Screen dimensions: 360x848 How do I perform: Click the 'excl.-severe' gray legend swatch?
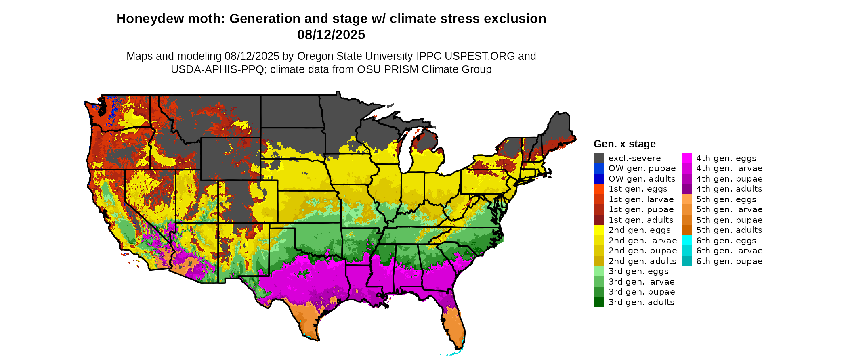coord(598,158)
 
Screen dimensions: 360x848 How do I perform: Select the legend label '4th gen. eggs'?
coord(726,158)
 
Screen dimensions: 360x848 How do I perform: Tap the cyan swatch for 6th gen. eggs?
coord(686,241)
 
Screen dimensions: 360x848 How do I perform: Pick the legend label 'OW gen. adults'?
coord(642,179)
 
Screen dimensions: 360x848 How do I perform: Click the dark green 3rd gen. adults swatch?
coord(598,302)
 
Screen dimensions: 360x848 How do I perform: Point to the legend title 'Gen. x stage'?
coord(624,144)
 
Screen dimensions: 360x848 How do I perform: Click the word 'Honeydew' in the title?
coord(144,19)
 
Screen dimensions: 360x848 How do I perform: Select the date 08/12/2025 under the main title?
coord(331,35)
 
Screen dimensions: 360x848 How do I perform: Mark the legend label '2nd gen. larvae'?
coord(642,241)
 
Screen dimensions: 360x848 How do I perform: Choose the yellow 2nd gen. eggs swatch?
coord(598,230)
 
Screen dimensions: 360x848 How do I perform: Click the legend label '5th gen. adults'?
coord(729,230)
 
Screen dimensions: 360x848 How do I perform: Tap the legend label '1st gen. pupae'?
coord(641,209)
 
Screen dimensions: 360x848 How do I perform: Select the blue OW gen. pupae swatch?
coord(598,168)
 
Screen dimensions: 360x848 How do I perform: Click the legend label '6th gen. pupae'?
coord(729,261)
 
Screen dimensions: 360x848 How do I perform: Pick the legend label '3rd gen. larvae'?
coord(641,282)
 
